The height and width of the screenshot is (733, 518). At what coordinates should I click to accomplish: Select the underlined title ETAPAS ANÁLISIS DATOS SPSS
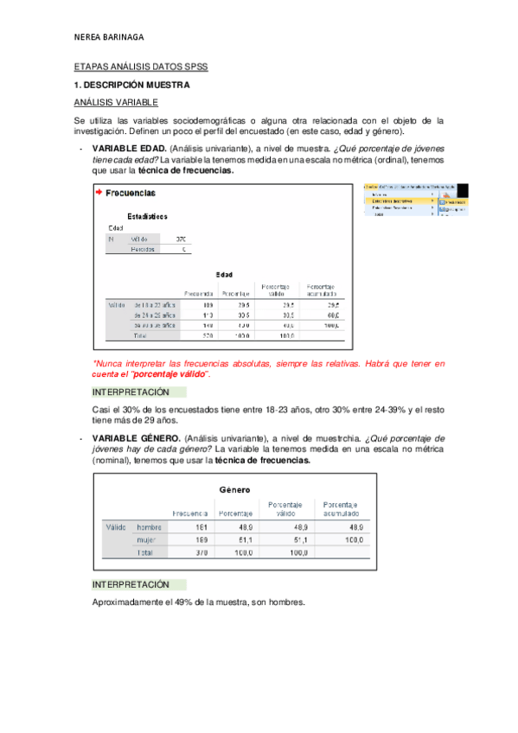141,67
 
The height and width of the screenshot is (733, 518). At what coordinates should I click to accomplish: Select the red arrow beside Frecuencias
99,192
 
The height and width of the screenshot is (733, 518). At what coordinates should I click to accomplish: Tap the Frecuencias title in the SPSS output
131,193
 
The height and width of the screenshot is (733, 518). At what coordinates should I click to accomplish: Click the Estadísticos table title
147,215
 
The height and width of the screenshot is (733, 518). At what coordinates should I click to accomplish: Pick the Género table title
234,489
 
